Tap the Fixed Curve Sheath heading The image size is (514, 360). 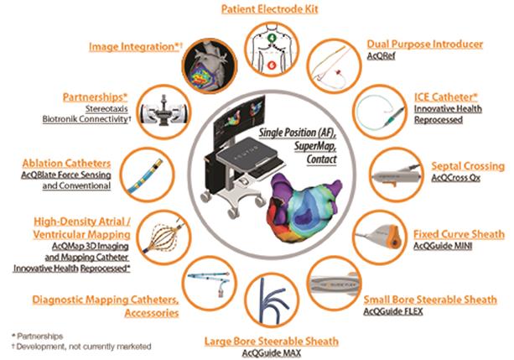click(459, 232)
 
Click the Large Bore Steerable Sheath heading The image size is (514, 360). click(271, 341)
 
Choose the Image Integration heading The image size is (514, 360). click(136, 48)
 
